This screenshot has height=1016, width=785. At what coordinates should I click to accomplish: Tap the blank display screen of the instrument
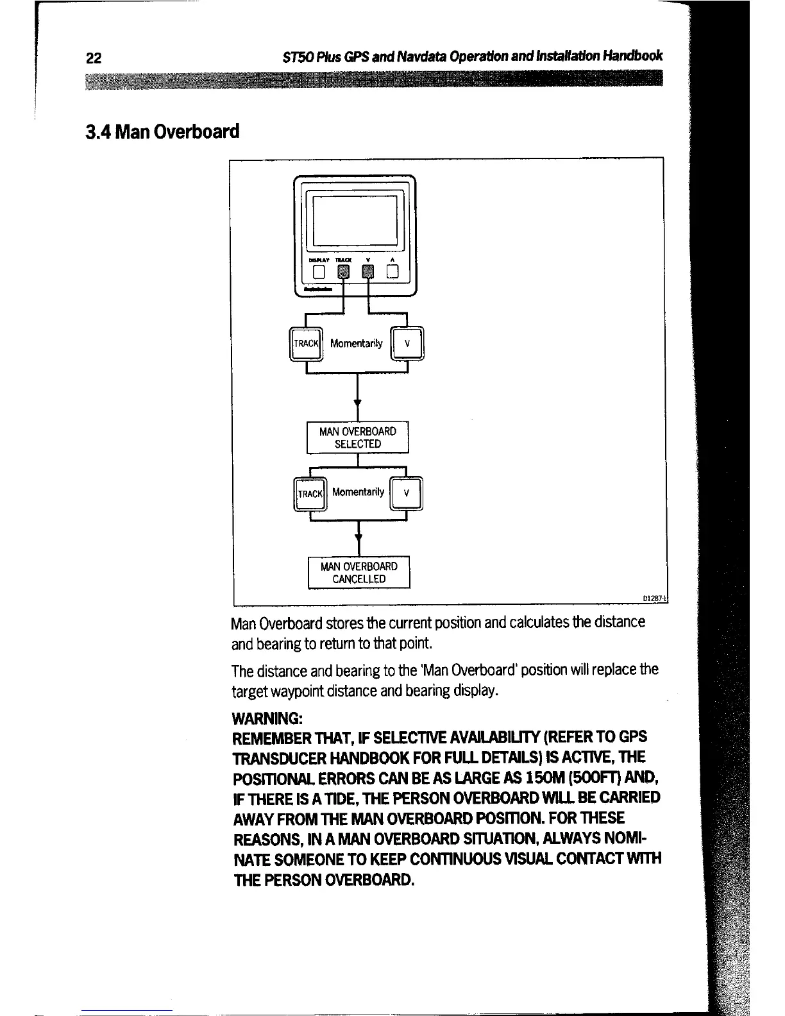click(x=355, y=223)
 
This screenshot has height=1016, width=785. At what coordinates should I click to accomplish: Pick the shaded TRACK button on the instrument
click(x=344, y=273)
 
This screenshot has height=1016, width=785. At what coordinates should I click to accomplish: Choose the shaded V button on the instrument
click(x=367, y=273)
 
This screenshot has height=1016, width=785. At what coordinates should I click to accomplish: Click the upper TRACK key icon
click(x=306, y=344)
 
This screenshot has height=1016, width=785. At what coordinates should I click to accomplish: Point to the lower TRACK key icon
click(x=309, y=494)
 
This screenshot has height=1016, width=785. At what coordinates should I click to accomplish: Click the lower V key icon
click(x=407, y=494)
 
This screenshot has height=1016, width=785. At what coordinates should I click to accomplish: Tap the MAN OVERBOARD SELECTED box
click(x=358, y=437)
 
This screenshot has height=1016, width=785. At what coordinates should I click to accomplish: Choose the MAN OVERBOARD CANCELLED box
click(x=359, y=573)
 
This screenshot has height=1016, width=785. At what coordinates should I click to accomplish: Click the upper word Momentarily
click(x=356, y=343)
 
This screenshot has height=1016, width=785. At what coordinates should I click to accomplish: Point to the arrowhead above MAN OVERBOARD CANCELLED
click(x=359, y=540)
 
